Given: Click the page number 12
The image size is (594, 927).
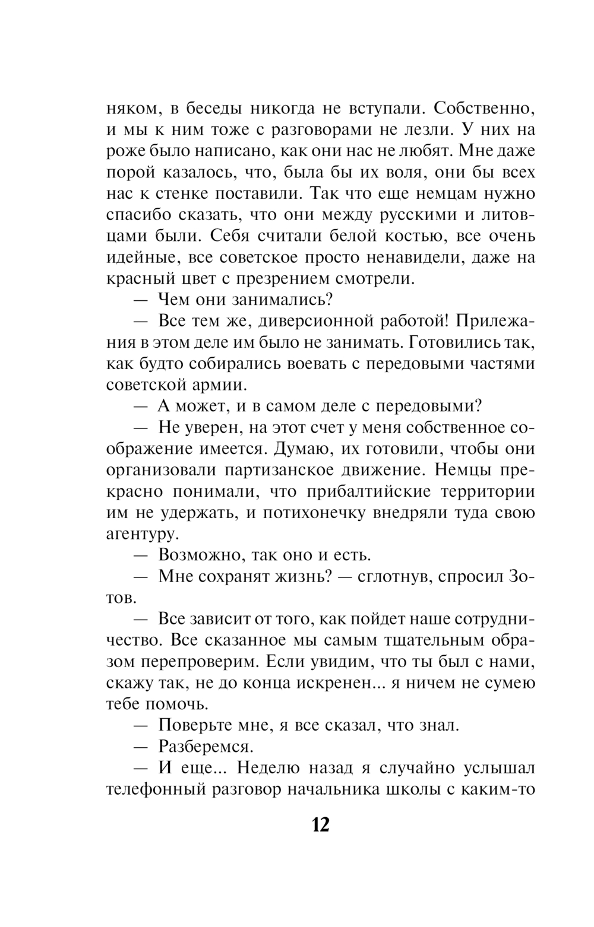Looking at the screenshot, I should [320, 824].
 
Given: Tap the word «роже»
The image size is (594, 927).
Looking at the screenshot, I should [123, 152].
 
